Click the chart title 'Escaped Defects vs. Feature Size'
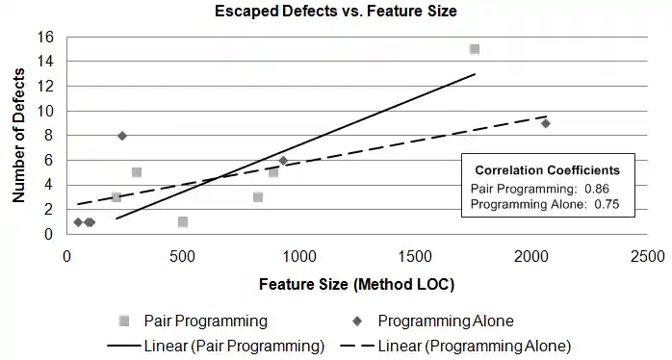tap(335, 12)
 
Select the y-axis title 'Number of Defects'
tap(18, 135)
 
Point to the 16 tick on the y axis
tap(46, 37)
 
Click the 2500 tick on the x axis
tap(646, 257)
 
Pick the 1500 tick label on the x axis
tap(414, 257)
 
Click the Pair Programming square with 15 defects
tap(475, 49)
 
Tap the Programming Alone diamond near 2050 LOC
tap(545, 123)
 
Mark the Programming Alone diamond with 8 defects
tap(122, 136)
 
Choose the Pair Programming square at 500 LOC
tap(183, 221)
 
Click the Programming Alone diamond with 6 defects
tap(283, 161)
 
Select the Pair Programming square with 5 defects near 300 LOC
tap(137, 172)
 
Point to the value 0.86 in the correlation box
tap(597, 188)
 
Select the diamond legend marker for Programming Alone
tap(357, 319)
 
